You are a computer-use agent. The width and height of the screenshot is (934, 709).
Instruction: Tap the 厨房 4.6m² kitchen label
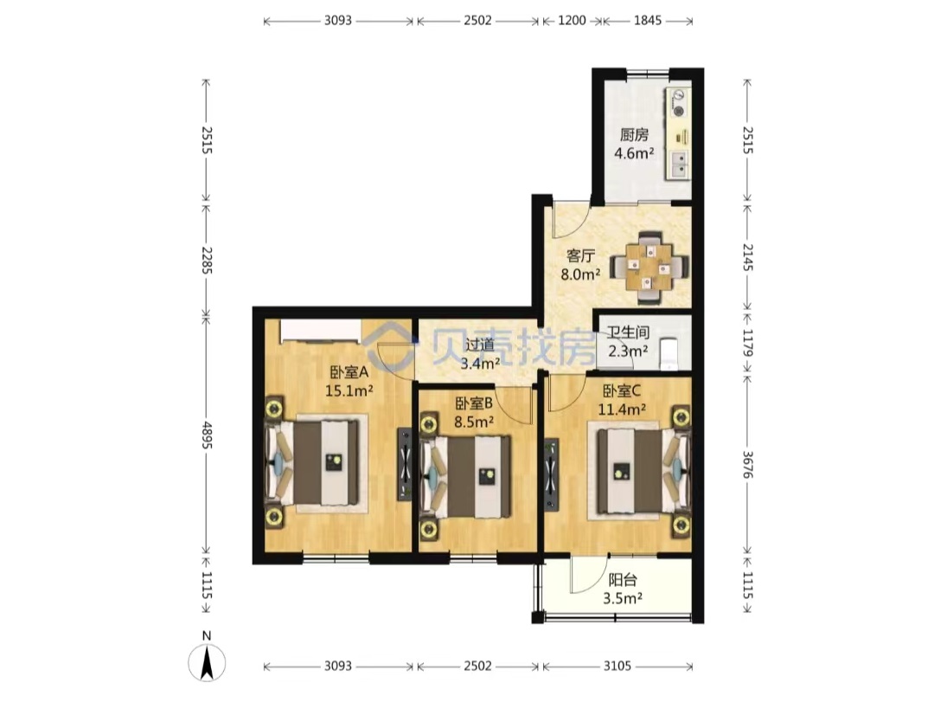pyautogui.click(x=635, y=144)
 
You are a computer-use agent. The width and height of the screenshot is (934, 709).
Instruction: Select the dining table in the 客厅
pyautogui.click(x=649, y=267)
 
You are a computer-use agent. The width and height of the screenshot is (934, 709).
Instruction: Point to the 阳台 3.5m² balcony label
pyautogui.click(x=623, y=589)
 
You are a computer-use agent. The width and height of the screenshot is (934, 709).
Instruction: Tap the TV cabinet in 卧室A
pyautogui.click(x=405, y=462)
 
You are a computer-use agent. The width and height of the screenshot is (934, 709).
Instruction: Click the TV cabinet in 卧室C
pyautogui.click(x=551, y=475)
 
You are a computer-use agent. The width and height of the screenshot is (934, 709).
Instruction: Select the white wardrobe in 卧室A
pyautogui.click(x=321, y=331)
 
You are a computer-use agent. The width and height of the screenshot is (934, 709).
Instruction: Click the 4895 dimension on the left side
pyautogui.click(x=206, y=435)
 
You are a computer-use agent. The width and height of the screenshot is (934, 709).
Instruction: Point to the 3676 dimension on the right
pyautogui.click(x=747, y=464)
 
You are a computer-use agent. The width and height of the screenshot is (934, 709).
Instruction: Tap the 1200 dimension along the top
pyautogui.click(x=572, y=20)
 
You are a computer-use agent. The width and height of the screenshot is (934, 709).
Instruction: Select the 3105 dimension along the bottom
pyautogui.click(x=617, y=666)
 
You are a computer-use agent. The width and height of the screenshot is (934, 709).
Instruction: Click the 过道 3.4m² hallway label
pyautogui.click(x=480, y=353)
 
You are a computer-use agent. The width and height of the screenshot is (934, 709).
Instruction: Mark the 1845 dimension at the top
pyautogui.click(x=648, y=20)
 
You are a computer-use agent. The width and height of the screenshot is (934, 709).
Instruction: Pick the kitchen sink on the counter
pyautogui.click(x=679, y=165)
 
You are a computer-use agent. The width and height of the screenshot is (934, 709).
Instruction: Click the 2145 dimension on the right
pyautogui.click(x=747, y=257)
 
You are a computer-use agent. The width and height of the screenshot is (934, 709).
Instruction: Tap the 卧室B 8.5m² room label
pyautogui.click(x=474, y=413)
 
